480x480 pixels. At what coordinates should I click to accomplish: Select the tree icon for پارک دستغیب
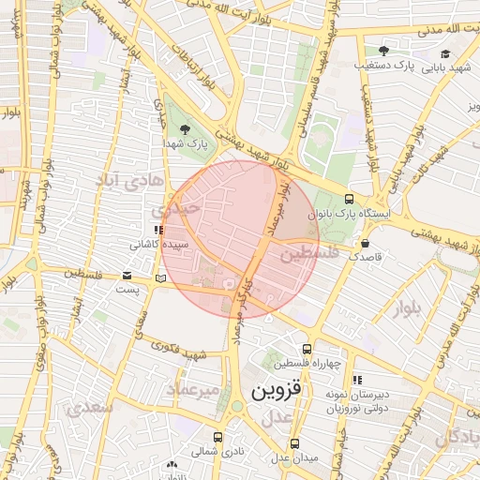[x=382, y=51]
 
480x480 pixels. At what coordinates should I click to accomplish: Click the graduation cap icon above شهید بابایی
[x=446, y=53]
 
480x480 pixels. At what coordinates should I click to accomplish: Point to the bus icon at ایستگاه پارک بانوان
[x=349, y=199]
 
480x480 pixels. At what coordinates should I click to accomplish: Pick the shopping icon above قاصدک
[x=364, y=243]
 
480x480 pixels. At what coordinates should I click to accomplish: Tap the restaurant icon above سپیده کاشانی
[x=158, y=230]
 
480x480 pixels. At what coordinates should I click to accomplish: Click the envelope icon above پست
[x=127, y=276]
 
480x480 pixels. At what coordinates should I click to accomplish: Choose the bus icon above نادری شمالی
[x=218, y=436]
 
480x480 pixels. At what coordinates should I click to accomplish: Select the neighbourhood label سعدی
[x=92, y=409]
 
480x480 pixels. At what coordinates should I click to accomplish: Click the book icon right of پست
[x=160, y=278]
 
